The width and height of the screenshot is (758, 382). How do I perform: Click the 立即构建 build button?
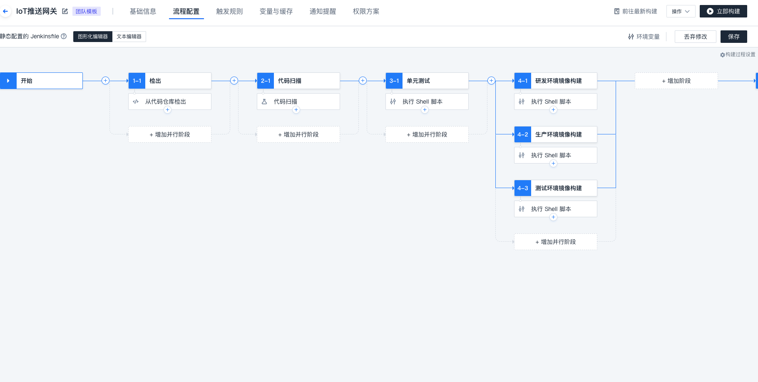coord(723,11)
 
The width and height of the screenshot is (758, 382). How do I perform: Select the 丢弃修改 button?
coord(695,37)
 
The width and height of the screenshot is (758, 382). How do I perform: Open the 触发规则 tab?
coord(229,11)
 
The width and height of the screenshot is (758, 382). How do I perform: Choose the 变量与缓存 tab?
coord(276,11)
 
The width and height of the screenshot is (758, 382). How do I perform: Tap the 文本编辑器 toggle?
coord(129,37)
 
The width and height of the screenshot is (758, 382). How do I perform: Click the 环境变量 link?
coord(644,37)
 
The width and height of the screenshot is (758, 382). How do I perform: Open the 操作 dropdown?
coord(681,11)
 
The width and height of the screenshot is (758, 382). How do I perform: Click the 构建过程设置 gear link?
coord(738,55)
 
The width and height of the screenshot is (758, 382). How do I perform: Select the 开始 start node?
coord(41,81)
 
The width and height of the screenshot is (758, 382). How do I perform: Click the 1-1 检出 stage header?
coord(170,81)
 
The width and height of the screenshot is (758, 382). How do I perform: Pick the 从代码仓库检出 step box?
coord(170,102)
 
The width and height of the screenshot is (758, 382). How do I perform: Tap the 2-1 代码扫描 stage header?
coord(298,81)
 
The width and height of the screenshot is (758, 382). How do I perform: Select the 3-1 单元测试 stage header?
coord(427,81)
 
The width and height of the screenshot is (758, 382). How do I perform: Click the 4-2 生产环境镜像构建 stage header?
coord(556,134)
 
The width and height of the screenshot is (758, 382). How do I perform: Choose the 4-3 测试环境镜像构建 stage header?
coord(556,188)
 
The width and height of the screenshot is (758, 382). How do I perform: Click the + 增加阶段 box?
coord(676,81)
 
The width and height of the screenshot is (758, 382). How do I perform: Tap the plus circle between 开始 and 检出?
coord(106,81)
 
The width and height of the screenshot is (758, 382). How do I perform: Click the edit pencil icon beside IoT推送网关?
coord(65,11)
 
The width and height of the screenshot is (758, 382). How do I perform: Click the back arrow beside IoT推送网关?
coord(5,11)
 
